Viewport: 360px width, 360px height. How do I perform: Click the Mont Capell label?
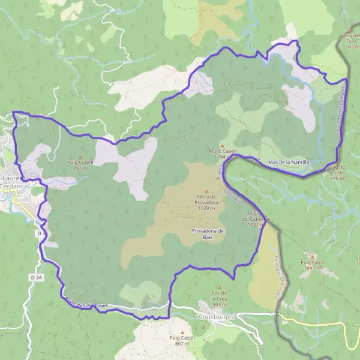[223, 151]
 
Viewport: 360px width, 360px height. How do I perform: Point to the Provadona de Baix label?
[208, 233]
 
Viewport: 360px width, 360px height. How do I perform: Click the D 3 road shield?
[41, 232]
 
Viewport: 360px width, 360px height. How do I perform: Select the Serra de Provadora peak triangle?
[206, 191]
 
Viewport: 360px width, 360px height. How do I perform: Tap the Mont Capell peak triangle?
[223, 145]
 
